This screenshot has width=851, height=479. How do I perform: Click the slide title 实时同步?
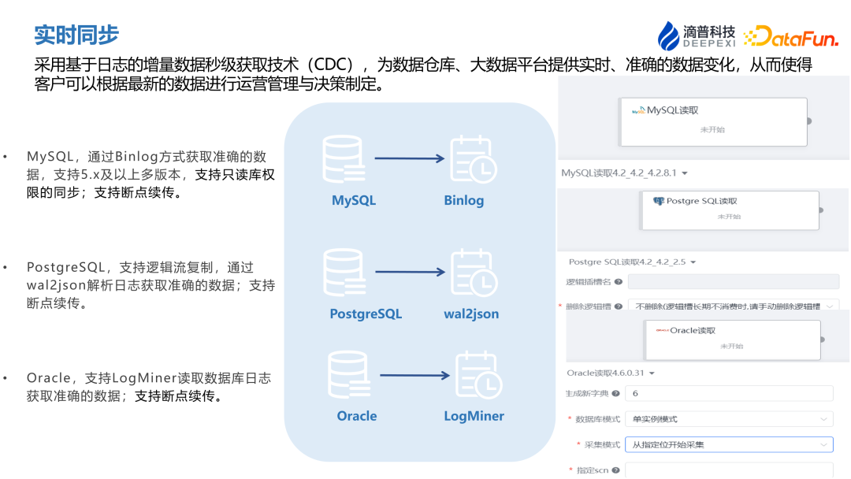(x=76, y=35)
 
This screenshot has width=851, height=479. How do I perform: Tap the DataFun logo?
(x=791, y=35)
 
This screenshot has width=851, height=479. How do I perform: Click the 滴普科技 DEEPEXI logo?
(x=697, y=35)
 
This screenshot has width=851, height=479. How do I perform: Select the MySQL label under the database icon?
(x=354, y=200)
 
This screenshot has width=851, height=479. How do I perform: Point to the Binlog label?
(x=463, y=200)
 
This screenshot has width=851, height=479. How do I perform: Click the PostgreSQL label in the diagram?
(x=366, y=314)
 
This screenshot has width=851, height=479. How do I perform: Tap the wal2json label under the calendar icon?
(x=471, y=314)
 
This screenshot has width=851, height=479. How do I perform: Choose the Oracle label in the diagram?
(x=357, y=415)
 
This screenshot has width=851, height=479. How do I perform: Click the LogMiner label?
(x=474, y=415)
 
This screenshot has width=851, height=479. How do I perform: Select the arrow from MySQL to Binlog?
(x=410, y=158)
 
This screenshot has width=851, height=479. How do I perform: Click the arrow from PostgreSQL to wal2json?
(x=410, y=273)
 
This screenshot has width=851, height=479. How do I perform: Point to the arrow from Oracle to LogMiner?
(x=414, y=375)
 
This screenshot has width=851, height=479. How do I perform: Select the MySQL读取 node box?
(x=713, y=121)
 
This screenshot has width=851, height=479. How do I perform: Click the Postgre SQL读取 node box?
(x=730, y=210)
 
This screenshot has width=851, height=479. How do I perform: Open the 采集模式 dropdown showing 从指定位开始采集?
(x=728, y=444)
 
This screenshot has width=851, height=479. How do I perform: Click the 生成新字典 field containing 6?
(x=728, y=393)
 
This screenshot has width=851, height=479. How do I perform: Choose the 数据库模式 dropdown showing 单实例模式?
(x=728, y=418)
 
